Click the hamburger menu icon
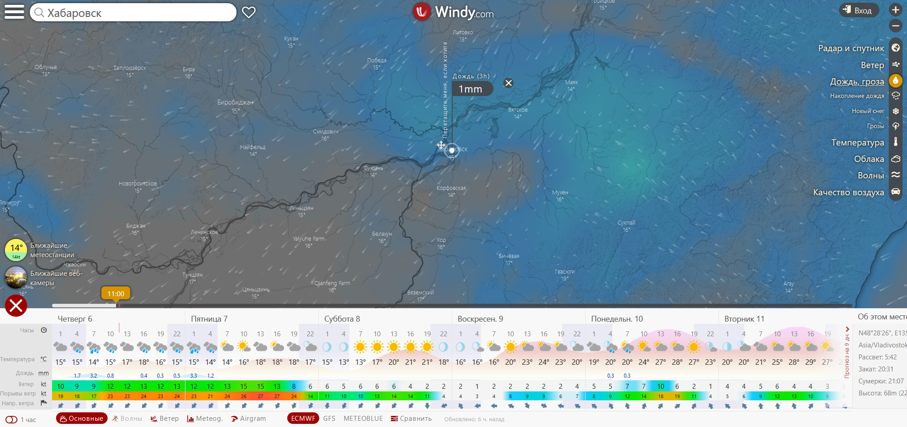14,12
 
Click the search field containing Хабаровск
133,12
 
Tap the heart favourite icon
249,12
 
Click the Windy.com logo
453,12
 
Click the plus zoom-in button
895,10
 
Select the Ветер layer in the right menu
872,65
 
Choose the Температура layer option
858,142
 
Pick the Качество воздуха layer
848,192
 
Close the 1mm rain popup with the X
509,83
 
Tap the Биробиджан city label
235,102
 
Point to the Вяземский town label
420,293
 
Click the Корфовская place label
451,188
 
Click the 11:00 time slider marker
116,294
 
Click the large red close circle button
16,306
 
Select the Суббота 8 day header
342,319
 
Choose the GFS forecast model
329,419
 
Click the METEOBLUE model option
363,419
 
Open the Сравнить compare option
411,419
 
